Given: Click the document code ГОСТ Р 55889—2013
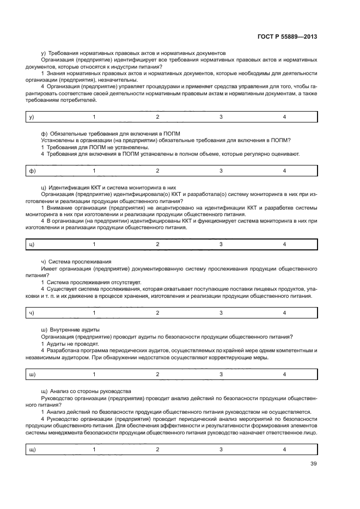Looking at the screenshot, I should (x=286, y=37).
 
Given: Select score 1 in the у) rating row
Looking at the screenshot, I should (x=94, y=117).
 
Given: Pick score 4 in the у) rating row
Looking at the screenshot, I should (x=284, y=117).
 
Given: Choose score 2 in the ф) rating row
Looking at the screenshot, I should (x=157, y=171).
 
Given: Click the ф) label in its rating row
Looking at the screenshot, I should (x=32, y=171).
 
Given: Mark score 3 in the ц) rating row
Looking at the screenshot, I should (x=221, y=244).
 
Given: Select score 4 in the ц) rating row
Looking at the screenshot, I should (x=284, y=244).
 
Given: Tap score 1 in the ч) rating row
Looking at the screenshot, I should (x=94, y=312).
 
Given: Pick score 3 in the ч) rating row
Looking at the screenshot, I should (x=221, y=312).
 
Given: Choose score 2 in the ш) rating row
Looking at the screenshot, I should (x=157, y=374).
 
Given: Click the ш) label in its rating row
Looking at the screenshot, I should (x=32, y=374).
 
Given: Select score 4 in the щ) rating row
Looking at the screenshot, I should (x=284, y=449).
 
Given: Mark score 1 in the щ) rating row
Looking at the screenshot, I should (x=94, y=449).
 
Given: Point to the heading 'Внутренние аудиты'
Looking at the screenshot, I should (x=75, y=329).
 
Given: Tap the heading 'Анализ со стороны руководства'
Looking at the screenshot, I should (x=90, y=391).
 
